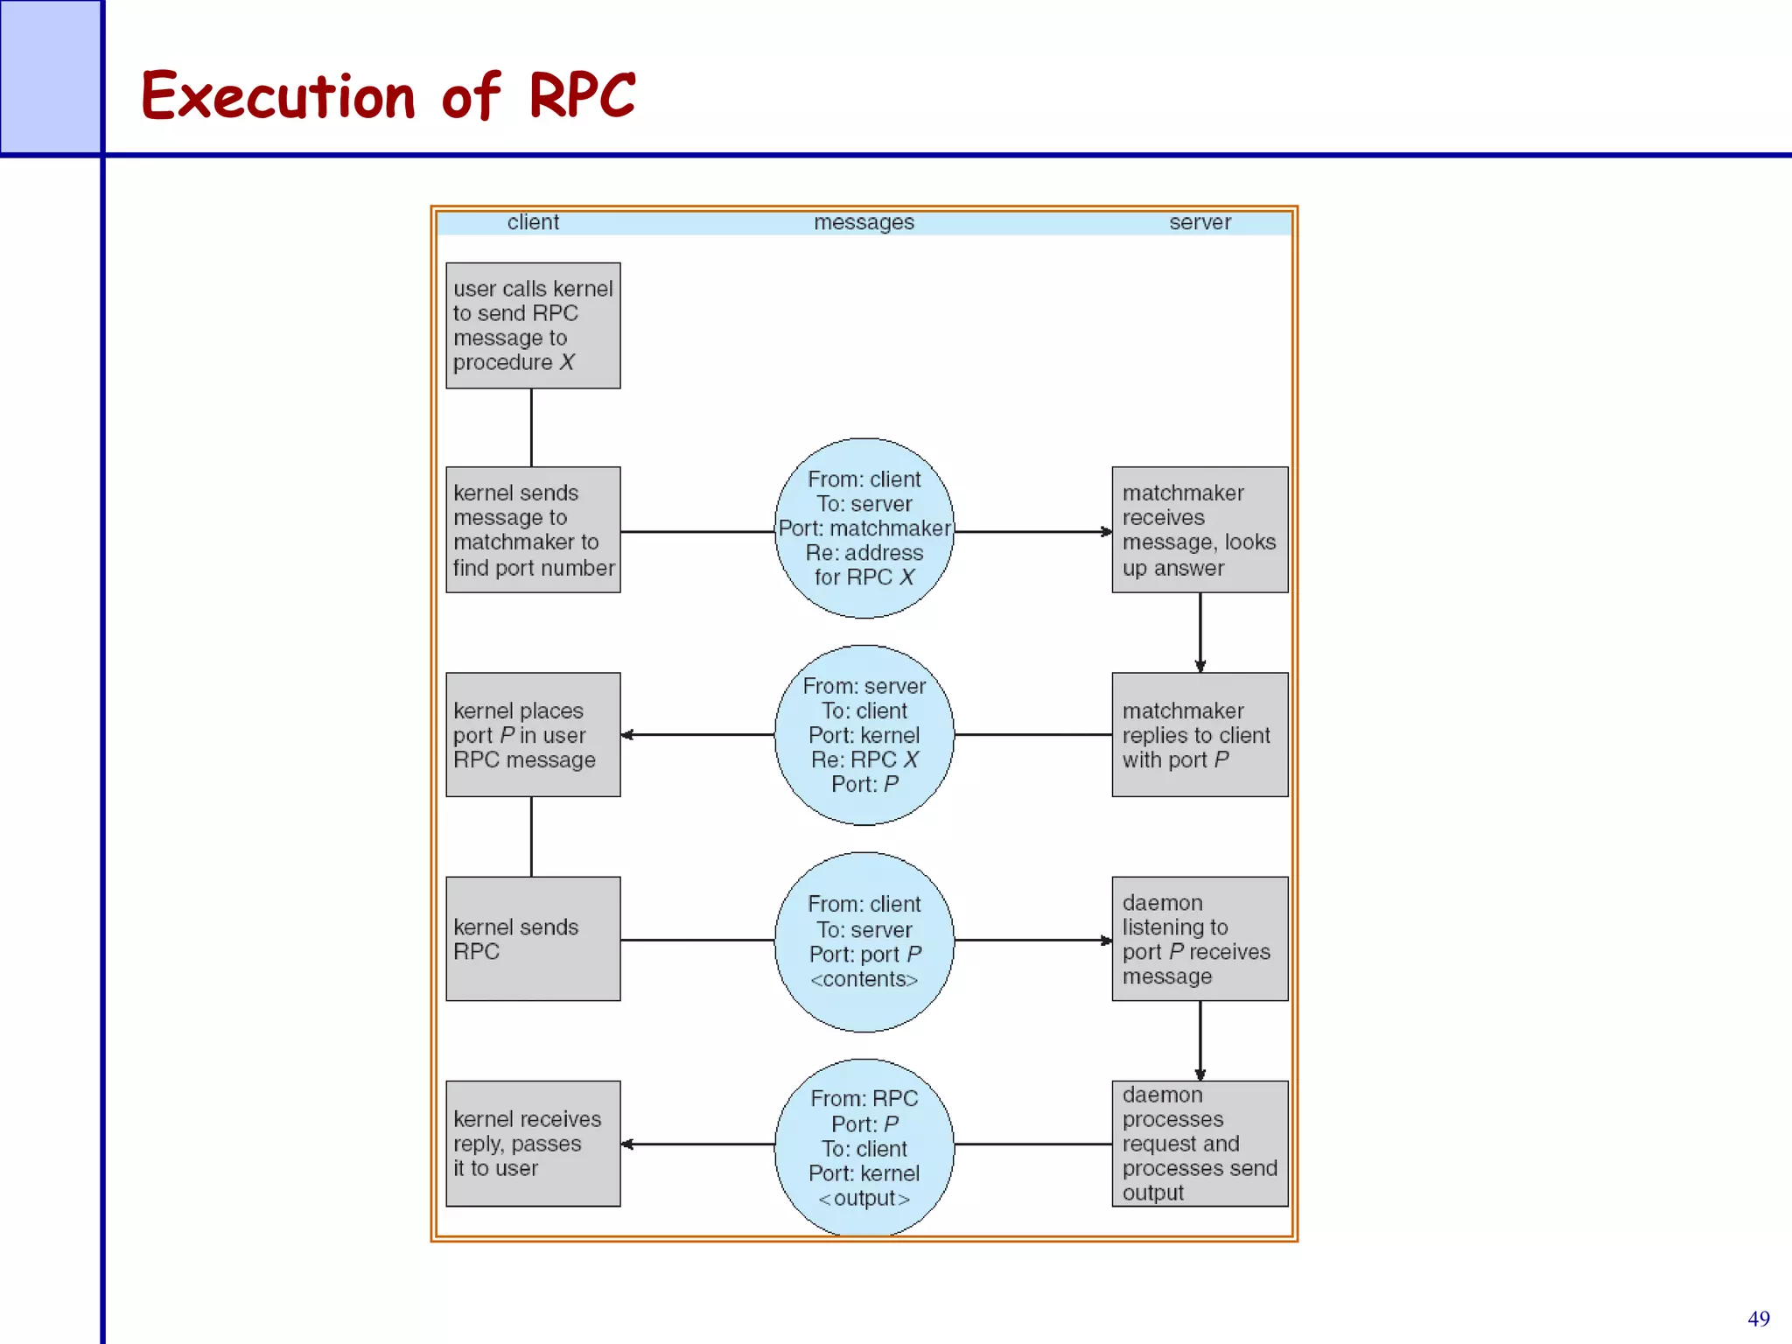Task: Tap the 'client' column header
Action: coord(533,222)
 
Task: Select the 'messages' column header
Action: coord(864,222)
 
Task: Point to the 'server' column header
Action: coord(1200,222)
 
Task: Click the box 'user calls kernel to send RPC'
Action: coord(533,325)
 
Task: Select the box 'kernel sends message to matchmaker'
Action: coord(533,529)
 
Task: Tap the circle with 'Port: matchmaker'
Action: coord(864,528)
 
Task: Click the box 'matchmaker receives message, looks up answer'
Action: coord(1200,529)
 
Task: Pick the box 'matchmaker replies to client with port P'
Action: coord(1200,734)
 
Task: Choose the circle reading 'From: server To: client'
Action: coord(864,735)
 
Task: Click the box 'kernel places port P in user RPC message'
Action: coord(533,734)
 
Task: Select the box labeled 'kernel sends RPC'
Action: coord(533,939)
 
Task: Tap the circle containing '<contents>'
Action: coord(864,941)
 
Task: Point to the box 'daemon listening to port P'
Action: coord(1200,939)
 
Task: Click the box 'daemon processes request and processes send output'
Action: coord(1200,1143)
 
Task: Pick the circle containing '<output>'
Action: coord(864,1146)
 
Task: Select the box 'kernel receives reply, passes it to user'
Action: coord(533,1143)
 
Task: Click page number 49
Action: coord(1758,1319)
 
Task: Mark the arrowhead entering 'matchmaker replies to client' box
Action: coord(1200,667)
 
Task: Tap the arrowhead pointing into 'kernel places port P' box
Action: coord(627,735)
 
